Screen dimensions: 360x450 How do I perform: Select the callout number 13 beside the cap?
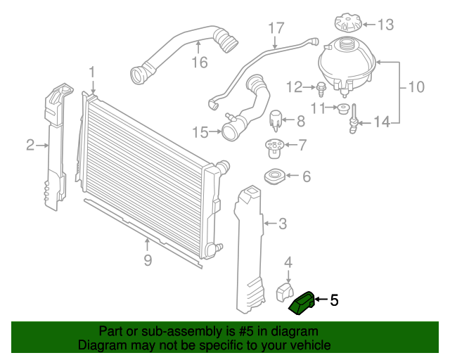386,25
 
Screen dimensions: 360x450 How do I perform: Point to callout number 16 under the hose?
200,63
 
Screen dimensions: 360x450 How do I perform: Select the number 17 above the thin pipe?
276,28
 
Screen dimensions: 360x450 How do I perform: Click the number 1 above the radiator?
91,72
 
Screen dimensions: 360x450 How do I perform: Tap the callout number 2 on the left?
30,146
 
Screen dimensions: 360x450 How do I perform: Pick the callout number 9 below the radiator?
147,261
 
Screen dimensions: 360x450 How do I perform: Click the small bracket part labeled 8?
277,120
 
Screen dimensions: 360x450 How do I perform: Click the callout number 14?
381,122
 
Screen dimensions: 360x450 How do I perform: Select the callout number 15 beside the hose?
201,131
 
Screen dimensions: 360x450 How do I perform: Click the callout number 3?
282,224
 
